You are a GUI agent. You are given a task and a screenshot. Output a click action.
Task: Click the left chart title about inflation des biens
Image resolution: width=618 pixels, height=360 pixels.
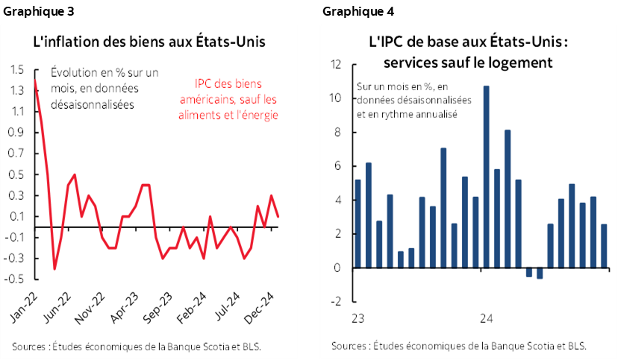[x=149, y=41]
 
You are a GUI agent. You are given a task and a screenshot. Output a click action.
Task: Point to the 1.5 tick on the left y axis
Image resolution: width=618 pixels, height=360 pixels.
[x=16, y=70]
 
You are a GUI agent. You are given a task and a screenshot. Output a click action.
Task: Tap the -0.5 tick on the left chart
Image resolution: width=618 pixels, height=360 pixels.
[x=14, y=280]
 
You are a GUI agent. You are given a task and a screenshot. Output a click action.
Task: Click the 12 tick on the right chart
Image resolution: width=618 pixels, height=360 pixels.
[x=336, y=64]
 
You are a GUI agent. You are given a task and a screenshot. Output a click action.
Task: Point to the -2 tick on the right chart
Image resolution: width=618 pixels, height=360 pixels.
[x=337, y=301]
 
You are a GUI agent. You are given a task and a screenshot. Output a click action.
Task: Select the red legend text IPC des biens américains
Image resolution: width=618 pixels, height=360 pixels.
[x=236, y=98]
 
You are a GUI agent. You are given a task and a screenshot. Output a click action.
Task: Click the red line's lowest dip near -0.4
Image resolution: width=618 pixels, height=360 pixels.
[x=54, y=268]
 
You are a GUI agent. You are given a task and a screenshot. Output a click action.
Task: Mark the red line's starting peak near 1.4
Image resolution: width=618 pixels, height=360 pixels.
[x=35, y=80]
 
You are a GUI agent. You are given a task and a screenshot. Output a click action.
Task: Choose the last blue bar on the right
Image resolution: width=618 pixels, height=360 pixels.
[x=604, y=245]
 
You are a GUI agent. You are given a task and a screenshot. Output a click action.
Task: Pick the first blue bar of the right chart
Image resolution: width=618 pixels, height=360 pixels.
[x=358, y=223]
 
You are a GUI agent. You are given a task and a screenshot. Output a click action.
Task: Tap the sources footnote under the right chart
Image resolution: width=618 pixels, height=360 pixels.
[x=458, y=347]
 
